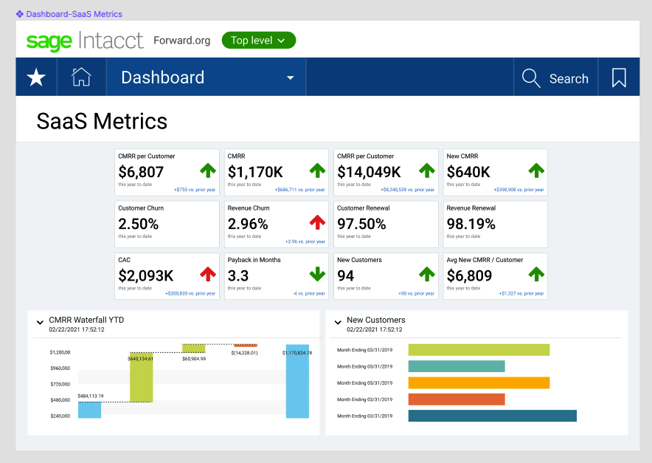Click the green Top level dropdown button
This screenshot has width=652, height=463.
coord(258,41)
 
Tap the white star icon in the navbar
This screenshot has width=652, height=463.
coord(36,78)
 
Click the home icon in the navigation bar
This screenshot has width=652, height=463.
coord(81,78)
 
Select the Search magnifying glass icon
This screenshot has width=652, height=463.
coord(531,78)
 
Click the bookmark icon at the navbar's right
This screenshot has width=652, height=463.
coord(619,78)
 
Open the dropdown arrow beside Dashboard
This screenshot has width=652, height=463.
coord(291,78)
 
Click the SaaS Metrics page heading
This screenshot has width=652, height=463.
coord(102,121)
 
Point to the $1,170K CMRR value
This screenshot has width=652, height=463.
coord(255,172)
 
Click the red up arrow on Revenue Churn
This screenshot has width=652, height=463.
coord(317,222)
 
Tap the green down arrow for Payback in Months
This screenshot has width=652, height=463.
coord(317,274)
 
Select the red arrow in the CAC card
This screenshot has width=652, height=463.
coord(208,274)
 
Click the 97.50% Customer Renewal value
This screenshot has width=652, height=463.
coord(361,224)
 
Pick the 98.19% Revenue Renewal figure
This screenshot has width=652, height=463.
coord(471,224)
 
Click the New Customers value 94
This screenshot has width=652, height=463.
coord(345,275)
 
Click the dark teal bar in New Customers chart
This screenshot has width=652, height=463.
coord(492,416)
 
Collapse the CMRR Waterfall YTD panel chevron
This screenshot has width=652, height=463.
coord(40,322)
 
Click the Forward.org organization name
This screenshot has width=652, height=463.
coord(182,41)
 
